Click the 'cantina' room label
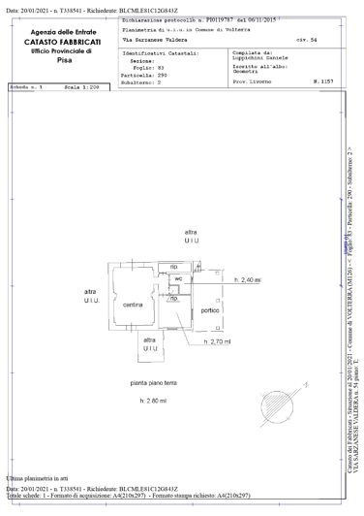[134, 306]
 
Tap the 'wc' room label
[178, 279]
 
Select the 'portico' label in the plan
[208, 310]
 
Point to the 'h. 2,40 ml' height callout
[249, 280]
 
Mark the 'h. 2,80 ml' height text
[153, 401]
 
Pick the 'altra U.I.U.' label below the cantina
[149, 347]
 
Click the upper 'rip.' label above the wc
[174, 266]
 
